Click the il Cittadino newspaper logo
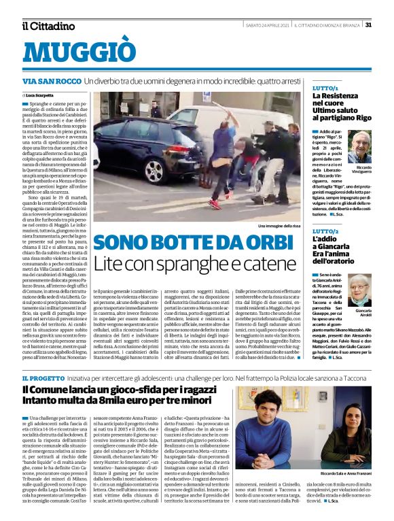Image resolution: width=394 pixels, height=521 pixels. click(x=48, y=26)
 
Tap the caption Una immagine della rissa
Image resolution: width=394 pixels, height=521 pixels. click(x=279, y=225)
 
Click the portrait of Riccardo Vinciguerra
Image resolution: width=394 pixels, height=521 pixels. click(x=361, y=147)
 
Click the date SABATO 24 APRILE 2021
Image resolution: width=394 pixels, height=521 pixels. click(x=268, y=25)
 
